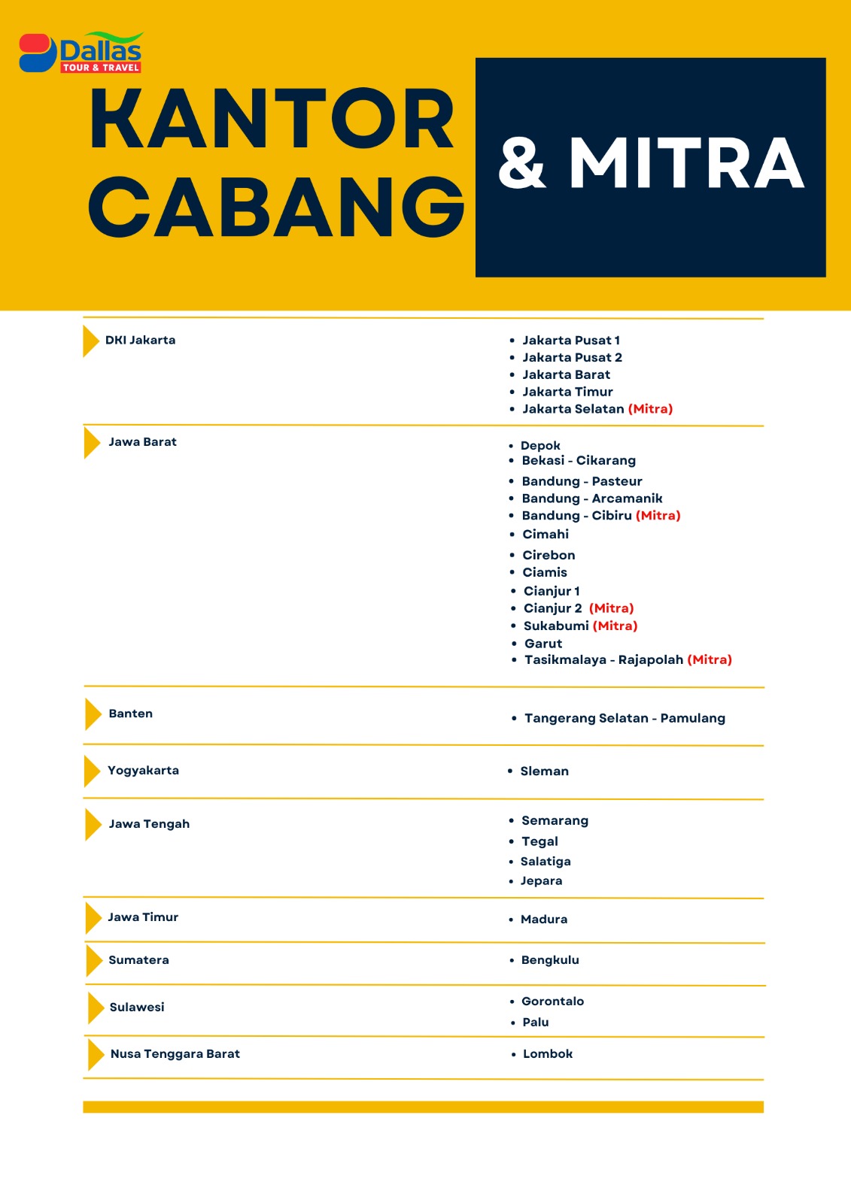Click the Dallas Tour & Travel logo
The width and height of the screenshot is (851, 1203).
(x=81, y=53)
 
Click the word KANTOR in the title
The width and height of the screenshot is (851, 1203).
(x=272, y=119)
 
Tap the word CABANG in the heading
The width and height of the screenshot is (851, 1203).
(x=277, y=207)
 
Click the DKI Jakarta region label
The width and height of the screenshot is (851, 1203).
(x=140, y=340)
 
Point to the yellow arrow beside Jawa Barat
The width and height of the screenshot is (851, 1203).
(x=92, y=442)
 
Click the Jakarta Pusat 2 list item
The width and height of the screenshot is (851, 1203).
(x=572, y=357)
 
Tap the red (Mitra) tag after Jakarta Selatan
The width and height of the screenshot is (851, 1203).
(x=650, y=409)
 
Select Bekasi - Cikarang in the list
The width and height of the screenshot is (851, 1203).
(x=579, y=460)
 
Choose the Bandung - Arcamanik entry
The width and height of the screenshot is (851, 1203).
(x=592, y=498)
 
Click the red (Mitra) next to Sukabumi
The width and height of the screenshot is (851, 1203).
(x=615, y=626)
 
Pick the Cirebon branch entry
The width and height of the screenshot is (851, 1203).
(x=549, y=555)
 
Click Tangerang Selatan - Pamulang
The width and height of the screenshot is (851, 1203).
(x=625, y=718)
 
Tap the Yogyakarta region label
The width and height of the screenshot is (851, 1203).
(x=143, y=770)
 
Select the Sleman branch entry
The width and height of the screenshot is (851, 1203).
(x=544, y=771)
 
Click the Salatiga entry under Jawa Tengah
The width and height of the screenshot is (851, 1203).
(x=546, y=862)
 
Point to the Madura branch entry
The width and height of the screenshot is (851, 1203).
(x=544, y=920)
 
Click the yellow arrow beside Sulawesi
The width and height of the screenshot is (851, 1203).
(x=96, y=1008)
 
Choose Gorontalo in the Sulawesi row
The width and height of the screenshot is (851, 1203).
(x=552, y=1001)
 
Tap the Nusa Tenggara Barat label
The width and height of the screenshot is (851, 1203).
(x=175, y=1054)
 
